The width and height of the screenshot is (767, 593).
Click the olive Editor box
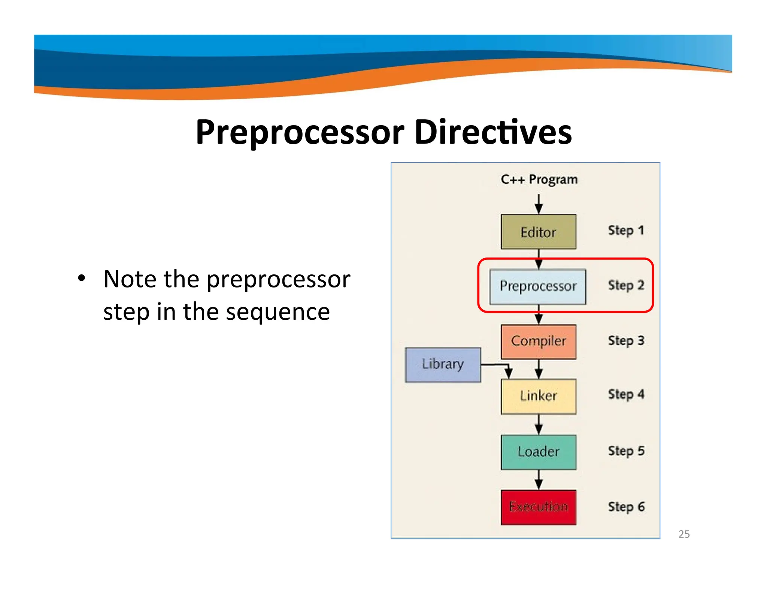538,232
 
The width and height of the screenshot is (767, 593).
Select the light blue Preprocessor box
537,286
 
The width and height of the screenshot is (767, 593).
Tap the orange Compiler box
538,341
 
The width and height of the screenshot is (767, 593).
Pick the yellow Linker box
538,396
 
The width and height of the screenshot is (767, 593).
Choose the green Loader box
538,452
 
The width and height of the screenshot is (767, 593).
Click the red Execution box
538,507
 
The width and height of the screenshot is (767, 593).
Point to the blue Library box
443,365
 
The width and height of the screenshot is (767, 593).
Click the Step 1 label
626,231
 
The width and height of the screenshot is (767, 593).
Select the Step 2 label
626,285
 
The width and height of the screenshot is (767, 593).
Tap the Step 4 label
626,395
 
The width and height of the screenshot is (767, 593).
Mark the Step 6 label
626,507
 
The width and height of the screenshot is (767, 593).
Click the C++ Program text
539,180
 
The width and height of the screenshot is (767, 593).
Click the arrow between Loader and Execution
539,480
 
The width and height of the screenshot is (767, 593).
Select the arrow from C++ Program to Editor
539,204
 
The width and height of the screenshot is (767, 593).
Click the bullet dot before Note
81,279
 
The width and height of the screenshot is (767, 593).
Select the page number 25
683,534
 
